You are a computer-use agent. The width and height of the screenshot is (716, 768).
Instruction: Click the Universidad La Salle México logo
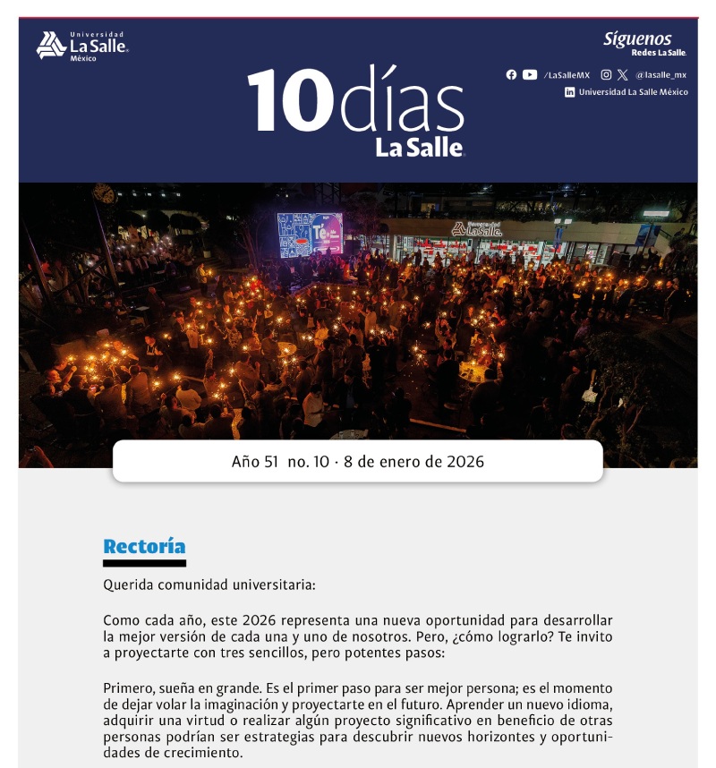[81, 46]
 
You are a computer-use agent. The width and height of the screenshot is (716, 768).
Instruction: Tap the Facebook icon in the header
[511, 75]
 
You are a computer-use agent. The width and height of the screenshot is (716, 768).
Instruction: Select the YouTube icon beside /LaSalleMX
[530, 75]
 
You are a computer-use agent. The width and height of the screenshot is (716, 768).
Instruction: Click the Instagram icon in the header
[606, 75]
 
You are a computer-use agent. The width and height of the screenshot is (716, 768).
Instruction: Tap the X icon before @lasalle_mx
[623, 75]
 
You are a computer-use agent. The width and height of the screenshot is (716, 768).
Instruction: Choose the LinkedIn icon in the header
[569, 92]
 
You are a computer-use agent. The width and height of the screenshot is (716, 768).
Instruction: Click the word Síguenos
[636, 38]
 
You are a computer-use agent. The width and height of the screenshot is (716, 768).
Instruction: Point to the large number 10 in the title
[285, 101]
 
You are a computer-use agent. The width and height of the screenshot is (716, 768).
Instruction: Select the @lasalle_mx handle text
[661, 75]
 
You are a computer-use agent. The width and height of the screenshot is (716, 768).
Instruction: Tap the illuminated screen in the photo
[310, 234]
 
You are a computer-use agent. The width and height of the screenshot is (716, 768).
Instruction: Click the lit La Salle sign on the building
[476, 229]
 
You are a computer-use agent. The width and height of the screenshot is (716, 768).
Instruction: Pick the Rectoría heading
[144, 547]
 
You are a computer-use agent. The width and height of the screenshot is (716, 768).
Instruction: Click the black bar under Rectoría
[144, 563]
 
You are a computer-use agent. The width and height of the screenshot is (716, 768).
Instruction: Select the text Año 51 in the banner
[254, 462]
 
